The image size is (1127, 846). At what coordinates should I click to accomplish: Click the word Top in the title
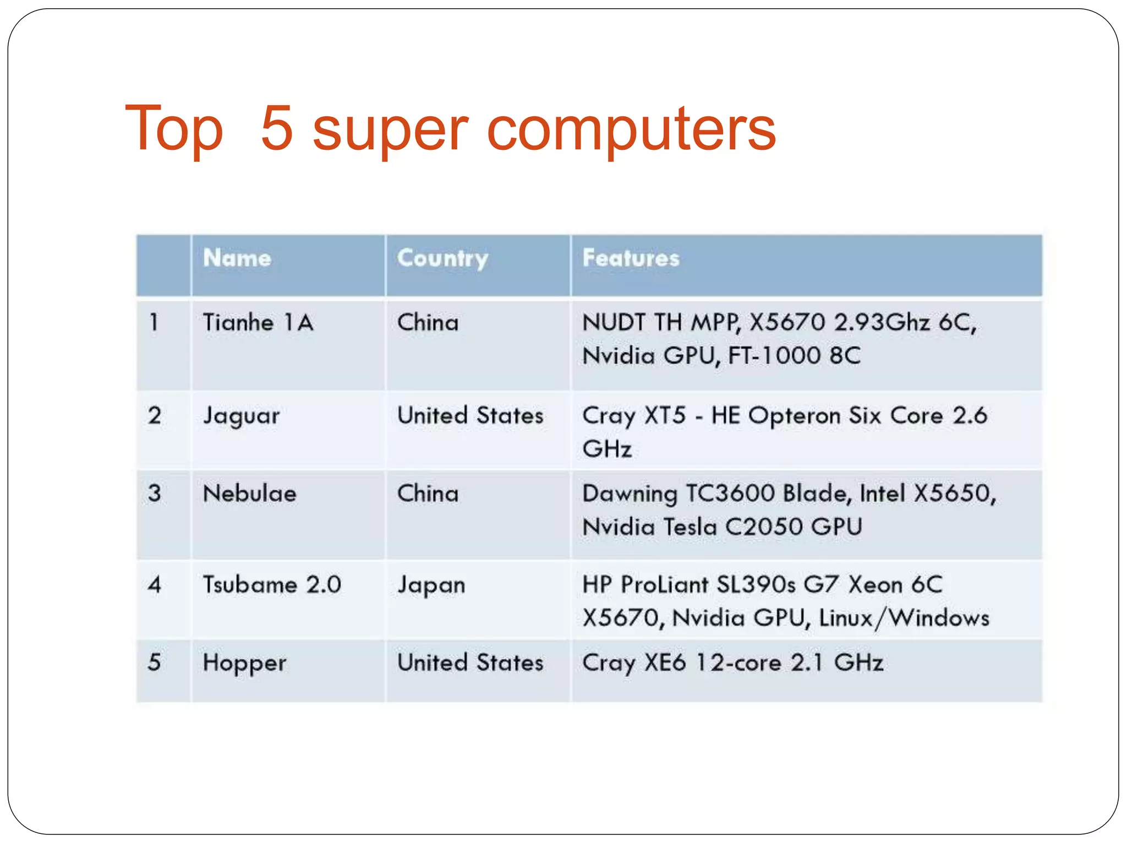tap(174, 129)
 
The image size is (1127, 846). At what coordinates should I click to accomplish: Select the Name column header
tap(237, 258)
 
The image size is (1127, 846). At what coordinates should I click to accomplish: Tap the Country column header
tap(442, 258)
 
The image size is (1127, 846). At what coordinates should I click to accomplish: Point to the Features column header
tap(631, 258)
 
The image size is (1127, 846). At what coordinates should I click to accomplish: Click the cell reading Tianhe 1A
tap(258, 322)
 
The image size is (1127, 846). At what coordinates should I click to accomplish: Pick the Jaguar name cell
tap(241, 416)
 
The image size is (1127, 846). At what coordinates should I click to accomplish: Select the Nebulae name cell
tap(249, 493)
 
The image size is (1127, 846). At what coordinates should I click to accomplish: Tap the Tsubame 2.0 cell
tap(272, 584)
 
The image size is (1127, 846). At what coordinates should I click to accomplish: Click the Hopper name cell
tap(244, 663)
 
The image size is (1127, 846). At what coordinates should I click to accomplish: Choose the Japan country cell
tap(431, 585)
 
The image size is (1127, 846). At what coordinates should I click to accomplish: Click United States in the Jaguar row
tap(470, 415)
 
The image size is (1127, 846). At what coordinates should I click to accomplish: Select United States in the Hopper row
tap(470, 663)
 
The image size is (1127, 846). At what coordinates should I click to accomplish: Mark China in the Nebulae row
tap(428, 493)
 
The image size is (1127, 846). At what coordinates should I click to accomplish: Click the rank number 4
tap(155, 584)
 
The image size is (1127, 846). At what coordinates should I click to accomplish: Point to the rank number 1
tap(155, 322)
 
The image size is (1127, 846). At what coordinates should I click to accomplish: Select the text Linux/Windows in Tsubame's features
tap(904, 618)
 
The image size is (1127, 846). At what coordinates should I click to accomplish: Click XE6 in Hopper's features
tap(665, 663)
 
